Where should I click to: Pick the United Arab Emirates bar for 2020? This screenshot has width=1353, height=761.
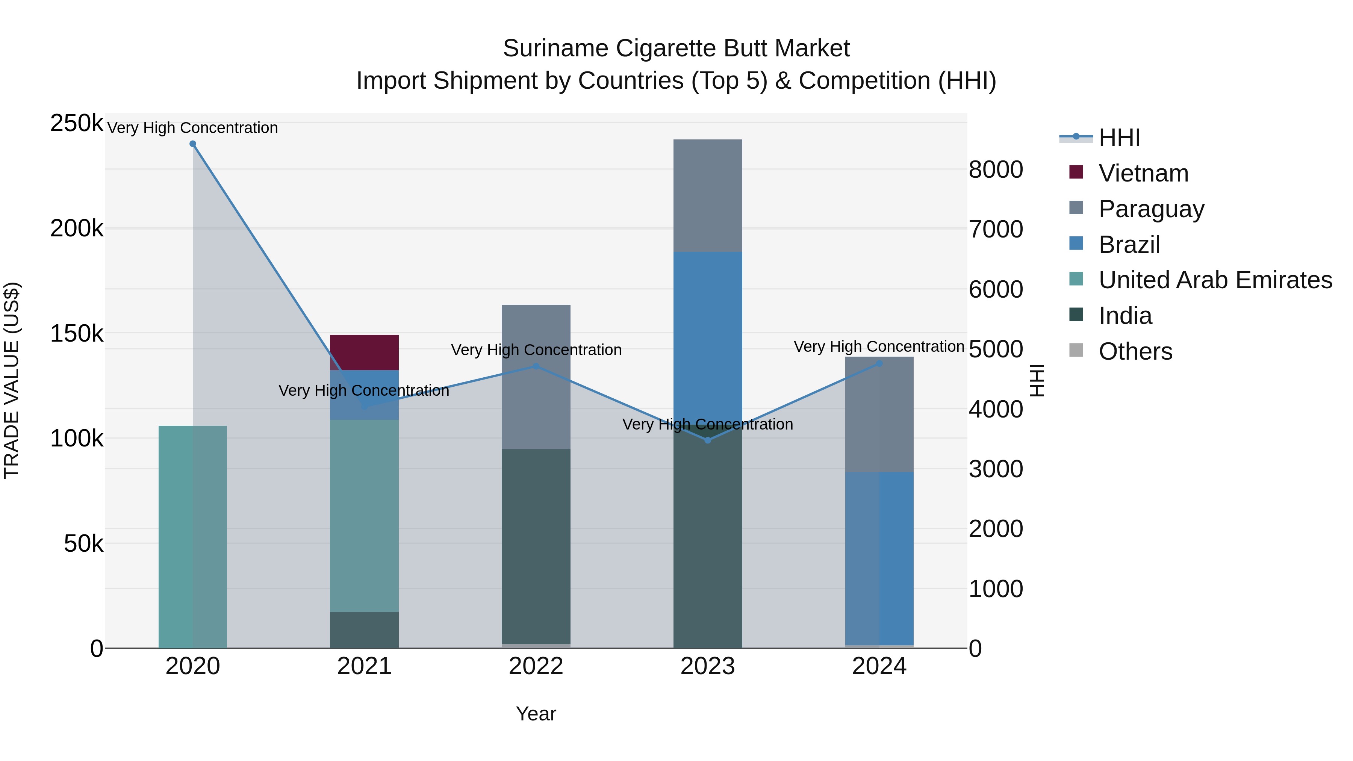(193, 537)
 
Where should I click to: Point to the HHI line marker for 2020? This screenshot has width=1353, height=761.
(193, 144)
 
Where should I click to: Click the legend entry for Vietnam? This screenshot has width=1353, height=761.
(1143, 173)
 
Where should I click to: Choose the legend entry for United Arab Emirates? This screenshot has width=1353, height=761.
(1215, 280)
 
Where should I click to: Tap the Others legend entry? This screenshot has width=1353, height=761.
(1135, 351)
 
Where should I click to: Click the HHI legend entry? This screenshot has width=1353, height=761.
(1119, 138)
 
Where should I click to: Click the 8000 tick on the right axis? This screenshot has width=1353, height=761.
(995, 169)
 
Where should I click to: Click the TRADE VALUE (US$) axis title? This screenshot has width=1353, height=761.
(12, 380)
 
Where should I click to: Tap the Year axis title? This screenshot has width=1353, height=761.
(536, 714)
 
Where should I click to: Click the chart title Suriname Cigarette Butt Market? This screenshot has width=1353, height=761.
(676, 48)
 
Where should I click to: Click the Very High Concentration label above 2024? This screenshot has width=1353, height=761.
(879, 346)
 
